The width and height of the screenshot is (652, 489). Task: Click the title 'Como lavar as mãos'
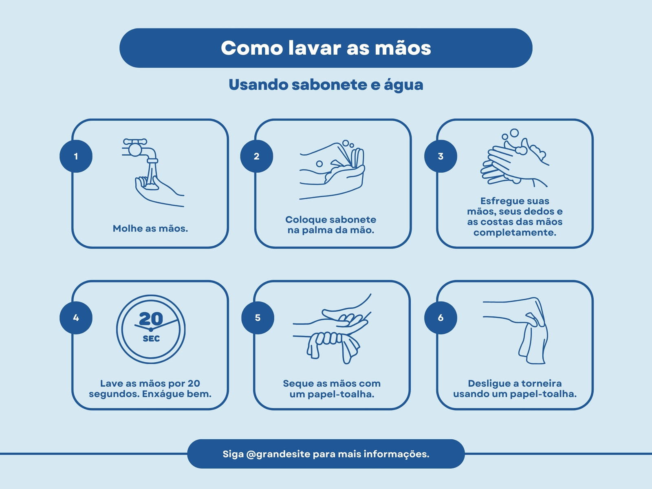[x=326, y=48]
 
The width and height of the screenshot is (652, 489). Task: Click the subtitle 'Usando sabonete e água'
[x=326, y=85]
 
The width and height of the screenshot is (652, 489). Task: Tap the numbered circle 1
[x=76, y=156]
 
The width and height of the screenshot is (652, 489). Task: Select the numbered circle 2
[x=257, y=156]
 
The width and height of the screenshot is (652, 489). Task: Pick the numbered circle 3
[x=441, y=156]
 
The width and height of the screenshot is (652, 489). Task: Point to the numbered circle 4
[x=76, y=318]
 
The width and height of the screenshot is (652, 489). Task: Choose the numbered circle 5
[x=258, y=318]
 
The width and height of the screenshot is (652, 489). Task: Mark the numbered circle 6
[x=441, y=318]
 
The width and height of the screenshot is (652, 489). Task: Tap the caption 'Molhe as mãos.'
[x=150, y=228]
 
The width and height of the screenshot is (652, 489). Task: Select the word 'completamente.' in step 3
[x=515, y=232]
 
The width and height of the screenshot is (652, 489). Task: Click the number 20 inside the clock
[x=151, y=319]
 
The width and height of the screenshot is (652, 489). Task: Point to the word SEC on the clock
[x=151, y=339]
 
